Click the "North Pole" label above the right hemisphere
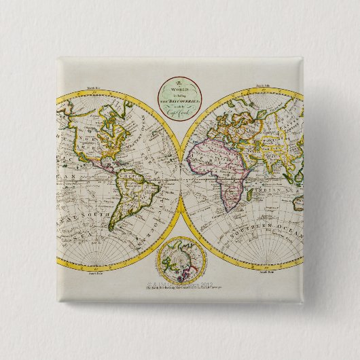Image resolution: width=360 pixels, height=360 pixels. (264, 85)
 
